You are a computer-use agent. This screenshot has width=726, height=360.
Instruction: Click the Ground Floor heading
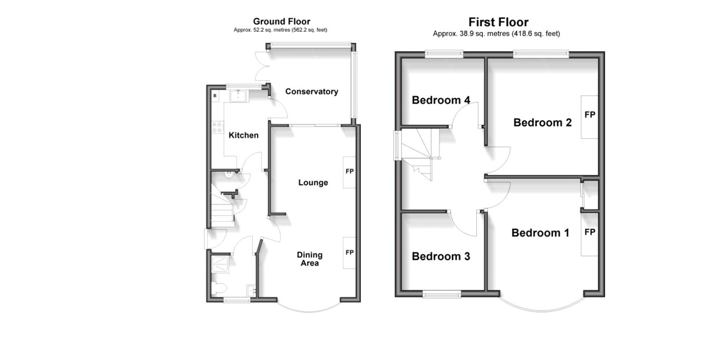click(x=281, y=21)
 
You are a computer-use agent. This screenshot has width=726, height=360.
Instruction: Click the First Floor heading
click(x=498, y=22)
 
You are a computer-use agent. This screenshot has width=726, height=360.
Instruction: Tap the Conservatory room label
click(x=311, y=92)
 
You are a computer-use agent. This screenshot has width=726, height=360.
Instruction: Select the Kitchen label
click(x=243, y=135)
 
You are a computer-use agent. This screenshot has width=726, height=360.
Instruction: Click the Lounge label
click(x=313, y=182)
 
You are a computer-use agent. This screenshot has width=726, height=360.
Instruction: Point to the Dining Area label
click(x=309, y=259)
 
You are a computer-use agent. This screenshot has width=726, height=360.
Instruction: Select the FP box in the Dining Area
click(x=349, y=252)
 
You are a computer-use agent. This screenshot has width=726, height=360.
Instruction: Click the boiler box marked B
click(x=215, y=96)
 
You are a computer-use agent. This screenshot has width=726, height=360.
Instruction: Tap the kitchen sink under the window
click(x=238, y=96)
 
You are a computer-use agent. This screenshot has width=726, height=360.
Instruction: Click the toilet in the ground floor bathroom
click(x=220, y=288)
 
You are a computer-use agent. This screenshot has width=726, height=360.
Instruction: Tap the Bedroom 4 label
click(x=441, y=100)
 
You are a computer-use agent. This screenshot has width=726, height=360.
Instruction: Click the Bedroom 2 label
click(x=542, y=123)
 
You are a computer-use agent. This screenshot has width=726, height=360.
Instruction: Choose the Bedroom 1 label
click(x=540, y=233)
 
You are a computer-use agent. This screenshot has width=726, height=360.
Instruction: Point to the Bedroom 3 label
click(x=441, y=256)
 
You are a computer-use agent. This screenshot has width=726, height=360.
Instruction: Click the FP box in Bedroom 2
click(x=589, y=116)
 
